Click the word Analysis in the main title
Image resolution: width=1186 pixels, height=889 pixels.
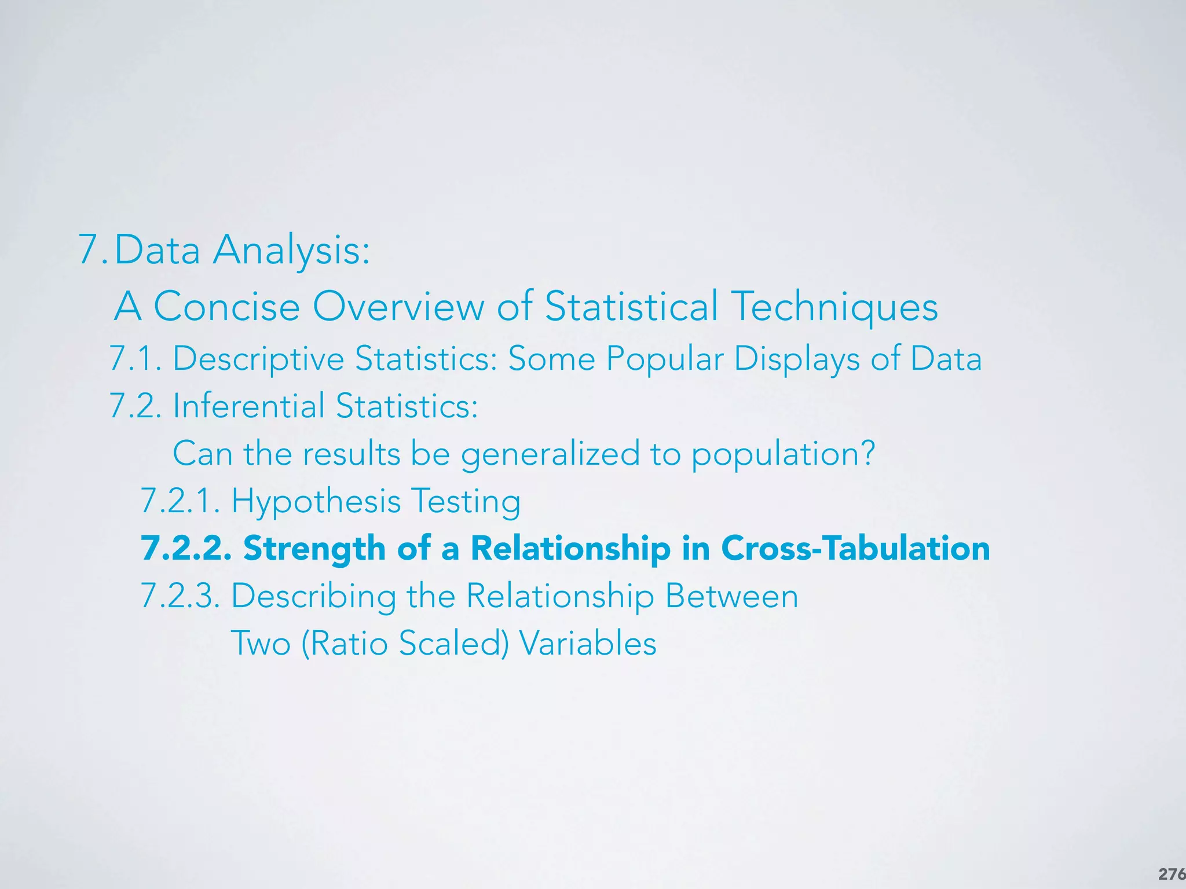click(291, 251)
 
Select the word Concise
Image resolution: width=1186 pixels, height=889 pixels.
click(226, 306)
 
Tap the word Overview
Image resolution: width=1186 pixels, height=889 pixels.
click(398, 306)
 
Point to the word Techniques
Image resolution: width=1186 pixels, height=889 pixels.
click(834, 307)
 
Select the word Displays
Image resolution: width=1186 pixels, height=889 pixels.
click(797, 359)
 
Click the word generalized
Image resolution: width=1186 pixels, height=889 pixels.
click(550, 454)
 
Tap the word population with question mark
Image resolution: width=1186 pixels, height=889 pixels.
click(783, 454)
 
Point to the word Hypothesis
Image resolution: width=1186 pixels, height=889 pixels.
click(316, 501)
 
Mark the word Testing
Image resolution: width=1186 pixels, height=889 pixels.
click(466, 501)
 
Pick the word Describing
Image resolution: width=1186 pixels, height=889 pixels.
click(313, 596)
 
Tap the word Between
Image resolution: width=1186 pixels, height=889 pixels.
click(732, 596)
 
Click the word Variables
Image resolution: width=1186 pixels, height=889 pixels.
click(588, 643)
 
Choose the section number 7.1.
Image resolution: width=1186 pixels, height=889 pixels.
click(136, 359)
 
